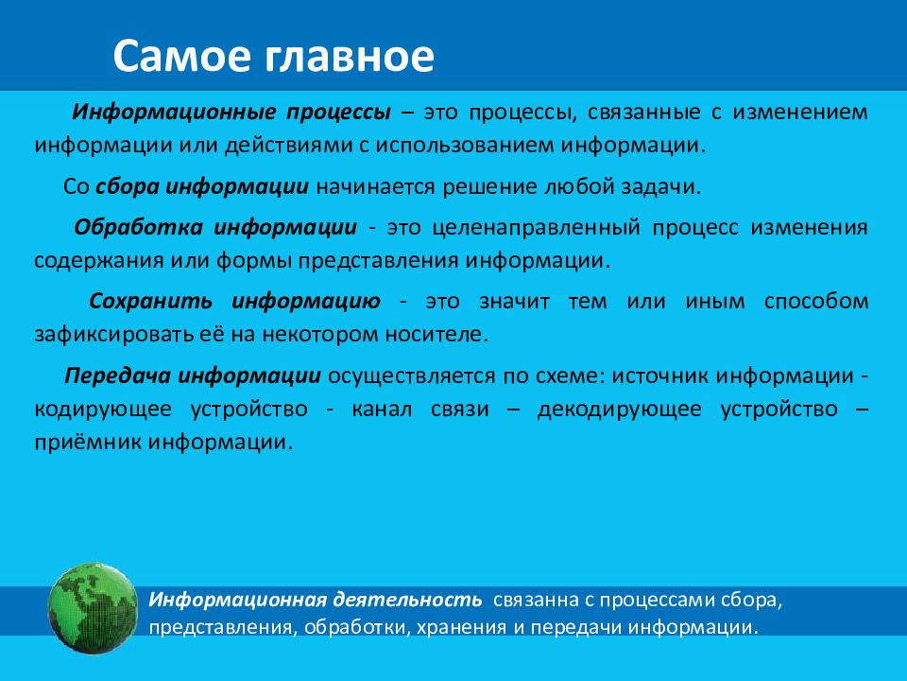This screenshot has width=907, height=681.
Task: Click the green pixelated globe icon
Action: coord(93,607)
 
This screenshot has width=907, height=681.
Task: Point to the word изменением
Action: coord(800,112)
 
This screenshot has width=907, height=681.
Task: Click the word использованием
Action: coord(465,145)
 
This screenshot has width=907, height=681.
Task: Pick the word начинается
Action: coord(376,186)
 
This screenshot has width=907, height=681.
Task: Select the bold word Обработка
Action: coord(138,227)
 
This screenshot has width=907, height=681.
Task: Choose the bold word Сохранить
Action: coord(151,301)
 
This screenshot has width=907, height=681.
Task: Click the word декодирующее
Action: coord(620,410)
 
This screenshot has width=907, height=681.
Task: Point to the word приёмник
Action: coord(88,443)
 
